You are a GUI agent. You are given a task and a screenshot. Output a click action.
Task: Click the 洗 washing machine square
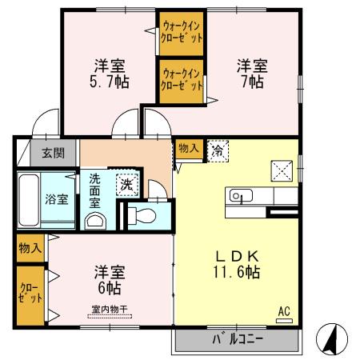(127, 182)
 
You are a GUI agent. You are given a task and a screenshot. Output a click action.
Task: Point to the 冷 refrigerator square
(217, 150)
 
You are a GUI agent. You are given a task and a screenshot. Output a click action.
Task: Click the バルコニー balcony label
(237, 340)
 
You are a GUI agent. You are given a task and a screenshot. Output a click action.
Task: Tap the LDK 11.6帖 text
(235, 263)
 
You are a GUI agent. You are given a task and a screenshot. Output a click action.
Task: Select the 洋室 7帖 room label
(250, 73)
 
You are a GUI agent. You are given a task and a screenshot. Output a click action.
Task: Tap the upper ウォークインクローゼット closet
(181, 34)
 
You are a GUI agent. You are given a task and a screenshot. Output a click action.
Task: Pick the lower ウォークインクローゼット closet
(181, 81)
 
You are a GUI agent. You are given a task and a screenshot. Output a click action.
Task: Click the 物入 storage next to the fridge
(189, 148)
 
